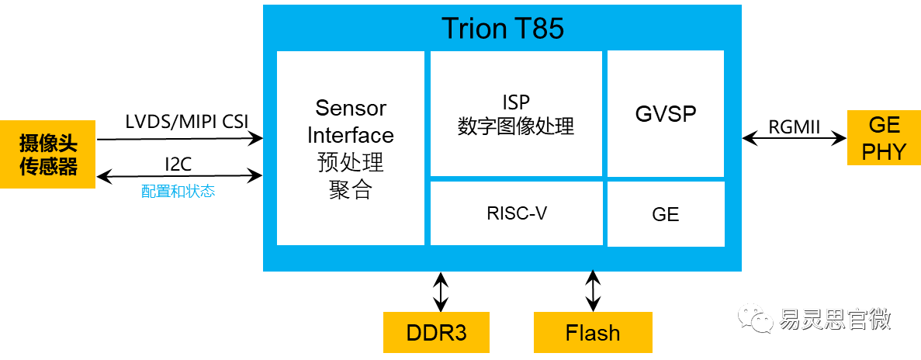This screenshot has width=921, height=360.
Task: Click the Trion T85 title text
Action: click(502, 29)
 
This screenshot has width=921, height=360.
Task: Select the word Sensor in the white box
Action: click(351, 108)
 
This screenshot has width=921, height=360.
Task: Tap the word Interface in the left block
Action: click(351, 135)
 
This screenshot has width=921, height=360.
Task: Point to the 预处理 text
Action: click(351, 162)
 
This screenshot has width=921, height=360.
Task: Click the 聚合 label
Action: click(351, 189)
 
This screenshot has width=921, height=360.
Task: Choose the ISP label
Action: click(516, 101)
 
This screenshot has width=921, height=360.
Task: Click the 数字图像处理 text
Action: click(516, 126)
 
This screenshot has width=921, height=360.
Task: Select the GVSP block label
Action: click(666, 114)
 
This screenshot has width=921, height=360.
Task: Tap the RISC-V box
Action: click(517, 213)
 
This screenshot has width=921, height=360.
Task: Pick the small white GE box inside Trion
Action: click(666, 214)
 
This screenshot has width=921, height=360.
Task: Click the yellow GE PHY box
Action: click(884, 137)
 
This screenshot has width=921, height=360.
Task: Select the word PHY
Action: click(884, 151)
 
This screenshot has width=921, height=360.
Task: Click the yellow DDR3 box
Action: click(437, 333)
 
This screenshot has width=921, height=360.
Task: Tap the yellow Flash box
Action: click(593, 333)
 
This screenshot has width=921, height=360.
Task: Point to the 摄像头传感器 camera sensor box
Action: click(47, 154)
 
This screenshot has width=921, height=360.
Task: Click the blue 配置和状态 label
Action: click(178, 191)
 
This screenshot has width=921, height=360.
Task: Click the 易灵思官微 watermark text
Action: click(835, 318)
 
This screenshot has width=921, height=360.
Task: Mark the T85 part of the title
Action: click(538, 29)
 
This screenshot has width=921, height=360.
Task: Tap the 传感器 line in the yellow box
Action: click(48, 166)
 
